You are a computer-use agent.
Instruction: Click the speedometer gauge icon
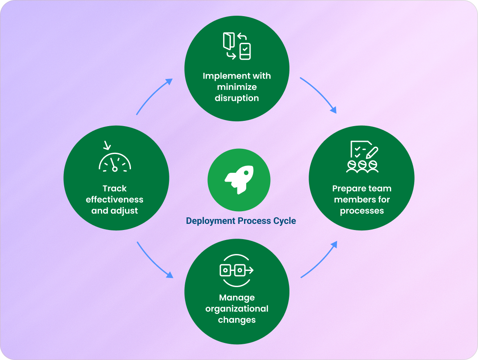tap(115, 160)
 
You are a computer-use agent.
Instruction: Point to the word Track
tap(114, 189)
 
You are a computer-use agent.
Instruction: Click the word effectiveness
tap(114, 199)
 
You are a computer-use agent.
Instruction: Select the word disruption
tap(237, 98)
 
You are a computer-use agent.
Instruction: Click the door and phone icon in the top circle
tap(237, 46)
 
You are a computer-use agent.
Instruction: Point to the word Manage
tap(237, 298)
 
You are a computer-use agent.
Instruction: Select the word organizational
tap(237, 309)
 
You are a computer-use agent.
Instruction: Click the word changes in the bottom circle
tap(237, 319)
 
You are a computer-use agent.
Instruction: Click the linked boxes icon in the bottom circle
tap(236, 271)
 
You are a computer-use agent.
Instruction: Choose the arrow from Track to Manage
tap(154, 261)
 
